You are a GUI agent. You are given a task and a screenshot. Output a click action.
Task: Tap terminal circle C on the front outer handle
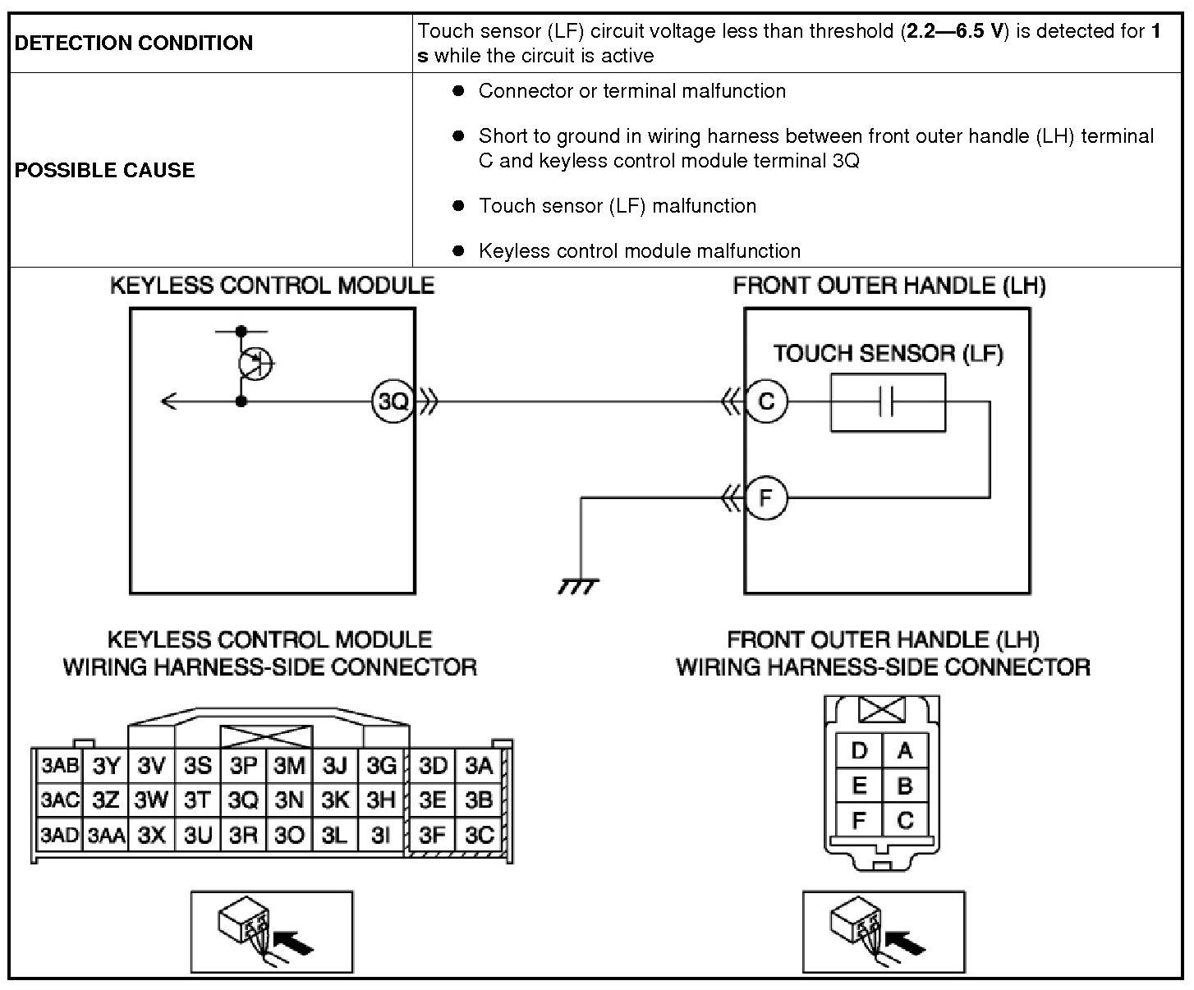point(765,401)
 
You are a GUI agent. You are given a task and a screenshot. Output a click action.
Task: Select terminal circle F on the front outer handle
point(765,498)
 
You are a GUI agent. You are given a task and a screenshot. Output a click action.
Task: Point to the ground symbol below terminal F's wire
point(579,585)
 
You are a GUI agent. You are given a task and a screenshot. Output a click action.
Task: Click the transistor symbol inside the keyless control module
point(255,361)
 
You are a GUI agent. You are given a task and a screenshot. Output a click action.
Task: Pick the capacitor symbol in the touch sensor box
point(886,402)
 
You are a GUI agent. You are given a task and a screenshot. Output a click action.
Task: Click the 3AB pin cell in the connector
point(59,766)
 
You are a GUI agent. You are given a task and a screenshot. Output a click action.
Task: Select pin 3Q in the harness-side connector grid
point(243,800)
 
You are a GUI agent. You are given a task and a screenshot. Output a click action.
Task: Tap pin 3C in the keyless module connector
point(479,835)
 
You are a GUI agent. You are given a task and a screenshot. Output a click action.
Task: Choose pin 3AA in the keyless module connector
point(107,836)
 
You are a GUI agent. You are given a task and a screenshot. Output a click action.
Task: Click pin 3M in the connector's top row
point(289,766)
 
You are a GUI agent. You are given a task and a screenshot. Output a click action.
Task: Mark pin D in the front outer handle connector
point(859,750)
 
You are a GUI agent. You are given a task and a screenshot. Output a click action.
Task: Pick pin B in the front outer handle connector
point(905,786)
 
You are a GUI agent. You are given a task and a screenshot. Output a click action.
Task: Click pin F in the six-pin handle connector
point(859,820)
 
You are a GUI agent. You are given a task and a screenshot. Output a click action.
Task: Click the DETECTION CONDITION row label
point(134,43)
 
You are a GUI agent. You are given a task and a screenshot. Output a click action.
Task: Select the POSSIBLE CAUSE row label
point(105,170)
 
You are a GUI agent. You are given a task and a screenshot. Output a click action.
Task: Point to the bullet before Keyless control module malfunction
point(459,250)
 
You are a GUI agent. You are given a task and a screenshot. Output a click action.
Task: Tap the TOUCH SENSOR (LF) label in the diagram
point(888,354)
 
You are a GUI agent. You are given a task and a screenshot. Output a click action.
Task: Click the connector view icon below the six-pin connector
point(883,932)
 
